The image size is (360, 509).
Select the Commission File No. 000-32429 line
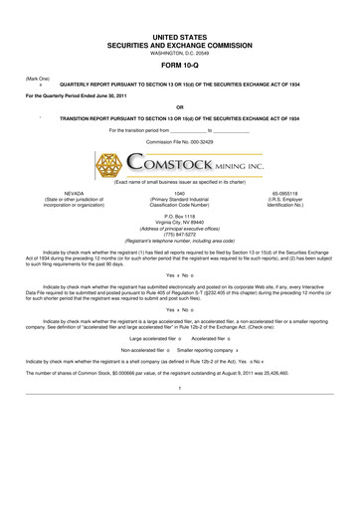pos(180,141)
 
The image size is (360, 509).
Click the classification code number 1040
pos(180,191)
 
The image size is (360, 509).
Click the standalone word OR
pos(180,106)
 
